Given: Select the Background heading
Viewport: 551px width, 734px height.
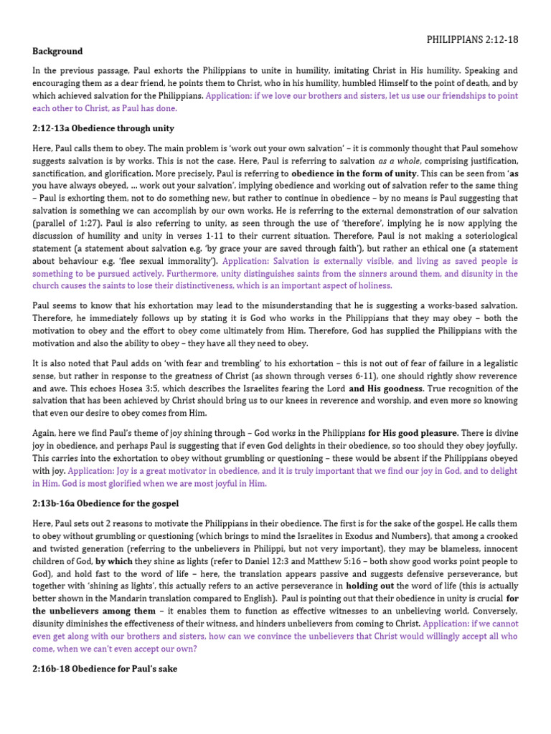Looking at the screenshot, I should (57, 52).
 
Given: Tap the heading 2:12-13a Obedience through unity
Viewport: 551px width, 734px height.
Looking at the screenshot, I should (103, 128).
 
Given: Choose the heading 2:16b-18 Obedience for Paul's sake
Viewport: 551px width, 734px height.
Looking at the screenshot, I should (105, 669).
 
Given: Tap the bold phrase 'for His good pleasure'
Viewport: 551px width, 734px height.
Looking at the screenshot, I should (412, 433).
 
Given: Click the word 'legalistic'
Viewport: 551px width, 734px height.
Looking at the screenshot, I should (495, 363).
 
